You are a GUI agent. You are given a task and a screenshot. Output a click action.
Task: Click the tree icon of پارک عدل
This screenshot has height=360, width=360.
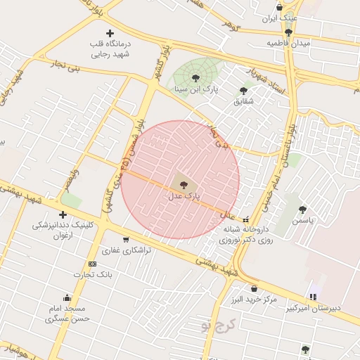coord(184,185)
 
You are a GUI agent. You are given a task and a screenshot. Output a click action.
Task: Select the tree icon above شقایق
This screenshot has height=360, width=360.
coord(243,90)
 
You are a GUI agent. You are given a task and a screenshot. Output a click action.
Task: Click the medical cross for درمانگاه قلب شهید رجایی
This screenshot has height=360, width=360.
coord(109,33)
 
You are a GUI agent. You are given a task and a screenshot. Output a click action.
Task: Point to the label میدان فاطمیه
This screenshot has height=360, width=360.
coord(288,43)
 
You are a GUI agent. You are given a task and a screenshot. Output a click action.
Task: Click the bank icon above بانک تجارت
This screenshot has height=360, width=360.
coord(92,263)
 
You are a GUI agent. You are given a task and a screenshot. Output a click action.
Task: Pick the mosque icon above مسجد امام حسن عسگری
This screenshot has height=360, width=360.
coord(67,297)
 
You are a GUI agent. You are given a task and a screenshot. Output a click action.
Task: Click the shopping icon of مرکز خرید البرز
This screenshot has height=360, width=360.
coord(254,288)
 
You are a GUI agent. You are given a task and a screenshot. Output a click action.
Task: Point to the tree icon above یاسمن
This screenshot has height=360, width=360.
coord(302,210)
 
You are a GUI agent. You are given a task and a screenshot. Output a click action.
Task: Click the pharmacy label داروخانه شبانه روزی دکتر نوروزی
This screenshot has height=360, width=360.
coord(245,234)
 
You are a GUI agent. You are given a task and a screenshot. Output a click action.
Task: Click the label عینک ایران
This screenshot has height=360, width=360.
coord(280,18)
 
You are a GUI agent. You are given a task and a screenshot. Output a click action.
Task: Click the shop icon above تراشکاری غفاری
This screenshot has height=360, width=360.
coord(125,239)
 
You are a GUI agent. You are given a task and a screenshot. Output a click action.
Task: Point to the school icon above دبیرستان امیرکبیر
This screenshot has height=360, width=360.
coord(314,296)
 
